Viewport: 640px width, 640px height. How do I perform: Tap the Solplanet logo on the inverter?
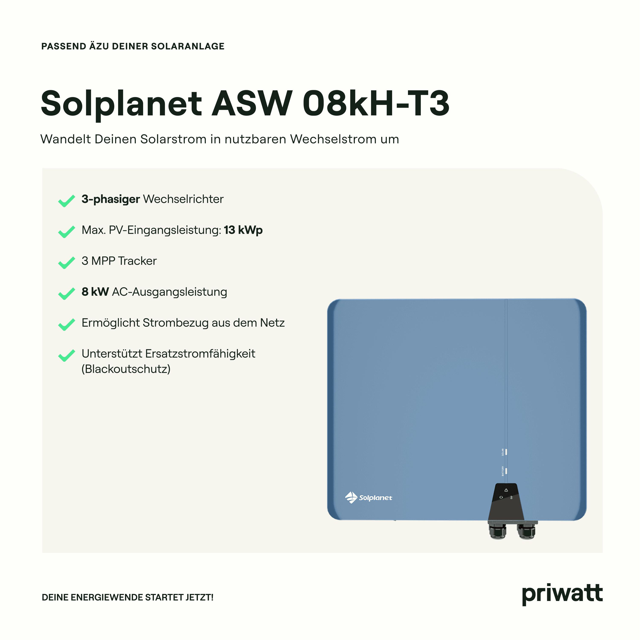coord(368,498)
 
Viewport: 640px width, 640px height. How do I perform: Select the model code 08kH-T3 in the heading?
coord(376,103)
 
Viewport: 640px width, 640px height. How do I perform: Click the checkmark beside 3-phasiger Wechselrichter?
coord(67,201)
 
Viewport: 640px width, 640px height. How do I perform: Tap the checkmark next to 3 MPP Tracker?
coord(67,263)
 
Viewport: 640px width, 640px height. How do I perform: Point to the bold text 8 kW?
coord(95,292)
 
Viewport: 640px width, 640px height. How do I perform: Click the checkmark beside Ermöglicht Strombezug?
coord(67,325)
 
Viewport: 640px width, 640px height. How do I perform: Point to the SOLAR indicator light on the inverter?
coord(506,452)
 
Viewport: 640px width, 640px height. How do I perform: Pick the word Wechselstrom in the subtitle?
coord(334,139)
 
